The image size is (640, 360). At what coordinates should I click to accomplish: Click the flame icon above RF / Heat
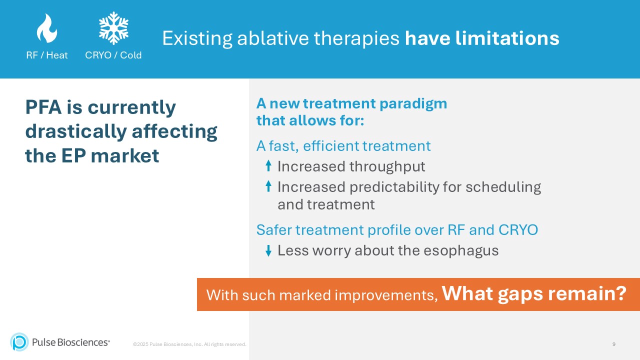[46, 28]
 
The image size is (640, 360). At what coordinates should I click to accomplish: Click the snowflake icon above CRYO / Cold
[113, 28]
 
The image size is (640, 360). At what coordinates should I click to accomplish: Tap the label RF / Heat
[46, 55]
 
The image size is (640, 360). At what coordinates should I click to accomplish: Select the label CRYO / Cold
[113, 55]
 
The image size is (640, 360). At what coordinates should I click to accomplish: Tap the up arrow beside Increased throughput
[268, 166]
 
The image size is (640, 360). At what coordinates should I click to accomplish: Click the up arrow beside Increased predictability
[268, 186]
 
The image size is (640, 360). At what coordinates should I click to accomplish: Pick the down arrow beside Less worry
[268, 250]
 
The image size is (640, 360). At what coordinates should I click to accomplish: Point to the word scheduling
[503, 187]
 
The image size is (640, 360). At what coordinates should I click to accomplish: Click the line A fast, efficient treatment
[343, 146]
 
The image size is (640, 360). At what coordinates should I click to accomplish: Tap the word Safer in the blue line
[274, 230]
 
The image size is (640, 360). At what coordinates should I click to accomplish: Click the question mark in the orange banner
[620, 293]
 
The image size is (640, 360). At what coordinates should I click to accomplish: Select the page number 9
[613, 344]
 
